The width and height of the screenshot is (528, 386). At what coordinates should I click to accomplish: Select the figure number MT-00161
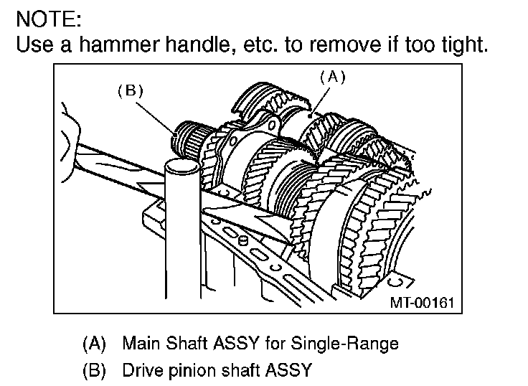pyautogui.click(x=422, y=303)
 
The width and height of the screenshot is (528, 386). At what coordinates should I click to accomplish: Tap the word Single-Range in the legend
pyautogui.click(x=352, y=343)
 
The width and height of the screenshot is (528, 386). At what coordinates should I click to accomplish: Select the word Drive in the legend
pyautogui.click(x=143, y=370)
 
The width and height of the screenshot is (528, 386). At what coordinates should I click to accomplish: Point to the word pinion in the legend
pyautogui.click(x=190, y=370)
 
